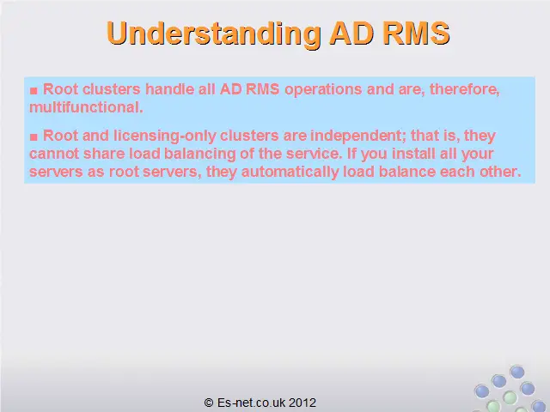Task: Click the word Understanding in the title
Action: pos(214,34)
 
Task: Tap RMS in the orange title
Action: pos(416,33)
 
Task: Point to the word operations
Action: pos(323,89)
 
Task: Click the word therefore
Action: pos(464,89)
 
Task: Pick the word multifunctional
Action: pos(86,107)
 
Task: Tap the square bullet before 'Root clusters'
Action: pos(34,91)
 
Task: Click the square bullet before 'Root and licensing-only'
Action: pos(34,137)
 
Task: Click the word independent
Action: pos(358,136)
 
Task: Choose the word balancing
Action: pos(200,154)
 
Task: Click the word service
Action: pos(314,154)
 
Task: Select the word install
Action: pos(413,154)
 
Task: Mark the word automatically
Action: pos(290,172)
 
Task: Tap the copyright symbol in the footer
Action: pos(209,403)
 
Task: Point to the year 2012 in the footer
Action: pos(302,403)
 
